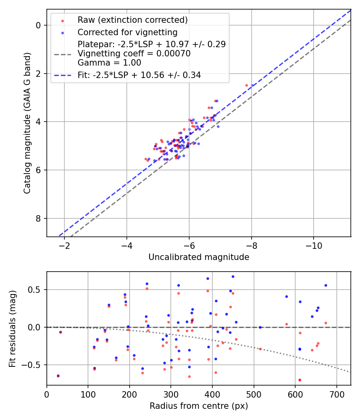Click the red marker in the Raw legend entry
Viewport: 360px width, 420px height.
[x=63, y=21]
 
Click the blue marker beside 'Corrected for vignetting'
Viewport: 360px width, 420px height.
[x=63, y=33]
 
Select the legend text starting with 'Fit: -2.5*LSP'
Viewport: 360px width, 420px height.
[x=139, y=75]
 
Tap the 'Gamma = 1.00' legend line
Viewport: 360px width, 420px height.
[x=109, y=63]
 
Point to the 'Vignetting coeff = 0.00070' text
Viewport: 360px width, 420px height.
[x=134, y=54]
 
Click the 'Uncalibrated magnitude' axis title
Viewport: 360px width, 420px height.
[x=199, y=257]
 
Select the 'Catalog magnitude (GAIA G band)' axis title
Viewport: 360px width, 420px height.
[x=27, y=123]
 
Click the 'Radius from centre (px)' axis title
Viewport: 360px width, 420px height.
[x=199, y=406]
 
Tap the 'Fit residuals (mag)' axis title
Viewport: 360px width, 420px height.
[x=12, y=329]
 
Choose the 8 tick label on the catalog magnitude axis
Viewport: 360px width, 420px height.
[x=38, y=218]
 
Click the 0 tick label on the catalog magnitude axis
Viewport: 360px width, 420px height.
[x=38, y=26]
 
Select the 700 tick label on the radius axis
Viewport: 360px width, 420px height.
[x=337, y=394]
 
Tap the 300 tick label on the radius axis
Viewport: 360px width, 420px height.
[x=171, y=394]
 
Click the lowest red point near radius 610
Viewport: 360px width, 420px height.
[x=300, y=380]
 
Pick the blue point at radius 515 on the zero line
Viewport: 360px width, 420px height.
[x=260, y=327]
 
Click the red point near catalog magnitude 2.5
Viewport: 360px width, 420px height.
[x=247, y=86]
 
